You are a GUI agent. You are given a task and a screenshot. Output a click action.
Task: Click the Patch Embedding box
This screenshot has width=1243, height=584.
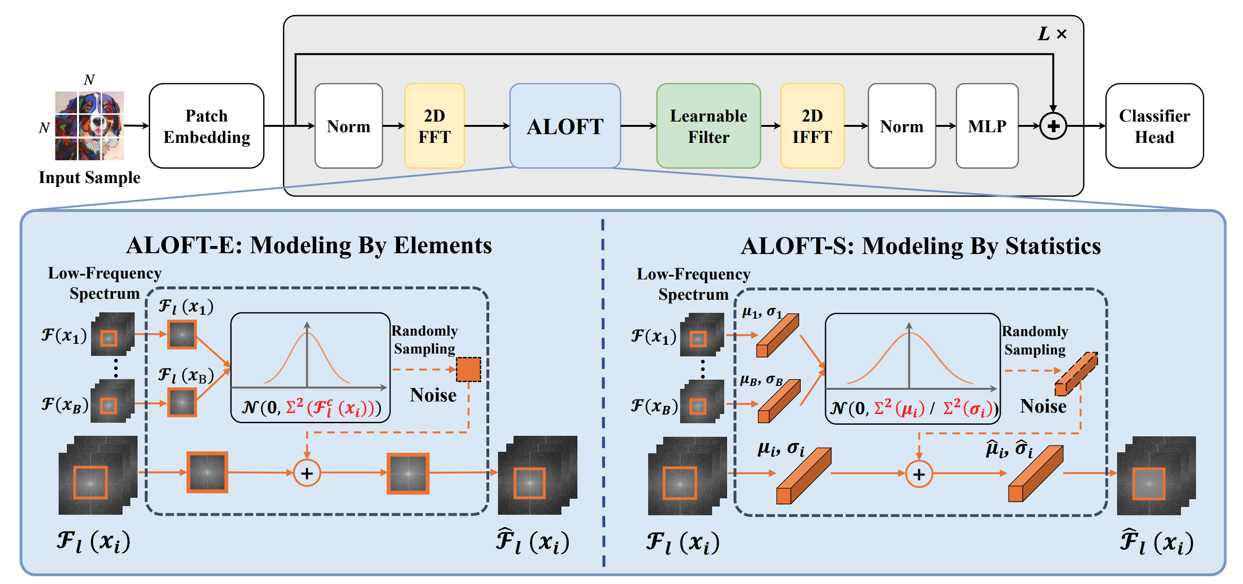click(206, 126)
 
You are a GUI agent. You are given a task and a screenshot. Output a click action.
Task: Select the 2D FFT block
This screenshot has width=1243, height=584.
click(434, 126)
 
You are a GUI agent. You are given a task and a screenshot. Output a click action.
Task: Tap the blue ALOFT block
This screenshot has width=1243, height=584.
click(565, 126)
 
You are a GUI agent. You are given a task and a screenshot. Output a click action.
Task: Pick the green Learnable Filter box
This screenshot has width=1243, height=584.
click(708, 126)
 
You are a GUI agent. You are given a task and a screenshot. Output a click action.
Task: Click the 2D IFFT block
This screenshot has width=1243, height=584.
click(812, 126)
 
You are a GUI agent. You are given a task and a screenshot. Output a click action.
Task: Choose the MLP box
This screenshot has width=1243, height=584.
click(987, 126)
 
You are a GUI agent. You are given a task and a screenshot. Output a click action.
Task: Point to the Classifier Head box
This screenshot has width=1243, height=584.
click(1154, 126)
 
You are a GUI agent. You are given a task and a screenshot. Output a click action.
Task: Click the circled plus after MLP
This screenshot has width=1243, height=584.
click(1053, 126)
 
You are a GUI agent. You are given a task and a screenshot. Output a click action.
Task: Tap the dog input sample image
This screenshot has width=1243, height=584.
click(89, 126)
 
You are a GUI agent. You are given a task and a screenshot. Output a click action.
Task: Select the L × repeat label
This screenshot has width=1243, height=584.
click(1052, 34)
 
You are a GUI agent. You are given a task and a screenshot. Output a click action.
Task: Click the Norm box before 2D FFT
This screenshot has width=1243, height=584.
click(348, 126)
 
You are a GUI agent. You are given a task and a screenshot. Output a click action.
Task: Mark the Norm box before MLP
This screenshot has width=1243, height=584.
click(901, 126)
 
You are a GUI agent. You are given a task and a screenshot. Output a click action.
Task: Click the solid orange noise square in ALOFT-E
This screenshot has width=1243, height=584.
click(468, 369)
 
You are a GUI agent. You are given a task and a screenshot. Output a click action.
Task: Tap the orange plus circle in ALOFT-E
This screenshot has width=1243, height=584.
click(307, 473)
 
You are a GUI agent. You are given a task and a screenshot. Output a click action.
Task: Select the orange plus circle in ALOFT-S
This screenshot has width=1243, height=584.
click(918, 474)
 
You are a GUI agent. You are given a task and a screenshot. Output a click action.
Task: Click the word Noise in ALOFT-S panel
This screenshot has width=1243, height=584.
click(1043, 406)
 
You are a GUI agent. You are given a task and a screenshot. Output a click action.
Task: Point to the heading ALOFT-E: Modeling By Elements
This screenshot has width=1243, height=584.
click(309, 245)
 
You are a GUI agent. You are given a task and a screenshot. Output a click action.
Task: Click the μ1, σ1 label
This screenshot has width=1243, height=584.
click(761, 312)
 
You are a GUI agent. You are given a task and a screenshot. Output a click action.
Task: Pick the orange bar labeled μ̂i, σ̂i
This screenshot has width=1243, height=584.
click(1036, 474)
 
